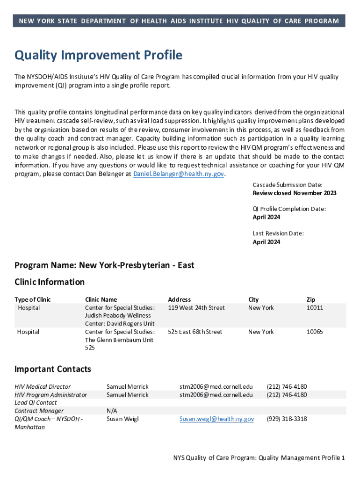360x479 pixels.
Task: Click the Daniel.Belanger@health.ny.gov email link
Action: pyautogui.click(x=179, y=174)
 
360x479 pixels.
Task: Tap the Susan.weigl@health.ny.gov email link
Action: pyautogui.click(x=216, y=419)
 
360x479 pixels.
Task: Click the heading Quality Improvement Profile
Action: pyautogui.click(x=98, y=56)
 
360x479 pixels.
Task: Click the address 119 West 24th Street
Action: pyautogui.click(x=196, y=308)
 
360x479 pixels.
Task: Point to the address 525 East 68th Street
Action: pyautogui.click(x=195, y=332)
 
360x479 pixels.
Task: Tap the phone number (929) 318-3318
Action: pyautogui.click(x=287, y=419)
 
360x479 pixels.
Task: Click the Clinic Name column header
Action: pyautogui.click(x=101, y=299)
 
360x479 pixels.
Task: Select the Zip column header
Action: pyautogui.click(x=311, y=299)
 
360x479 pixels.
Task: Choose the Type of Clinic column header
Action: pyautogui.click(x=33, y=299)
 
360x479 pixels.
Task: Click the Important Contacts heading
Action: pyautogui.click(x=53, y=369)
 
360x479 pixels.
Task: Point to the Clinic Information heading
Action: pyautogui.click(x=50, y=282)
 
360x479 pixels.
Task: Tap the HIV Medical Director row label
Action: pyautogui.click(x=43, y=387)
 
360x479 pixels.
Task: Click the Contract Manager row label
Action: pyautogui.click(x=39, y=411)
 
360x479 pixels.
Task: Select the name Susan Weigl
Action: pyautogui.click(x=122, y=419)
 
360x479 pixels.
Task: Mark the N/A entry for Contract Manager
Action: pyautogui.click(x=112, y=411)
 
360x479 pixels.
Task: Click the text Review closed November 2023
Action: pyautogui.click(x=295, y=193)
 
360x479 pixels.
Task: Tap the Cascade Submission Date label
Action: pyautogui.click(x=288, y=185)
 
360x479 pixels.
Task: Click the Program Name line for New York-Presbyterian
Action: pyautogui.click(x=104, y=265)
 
